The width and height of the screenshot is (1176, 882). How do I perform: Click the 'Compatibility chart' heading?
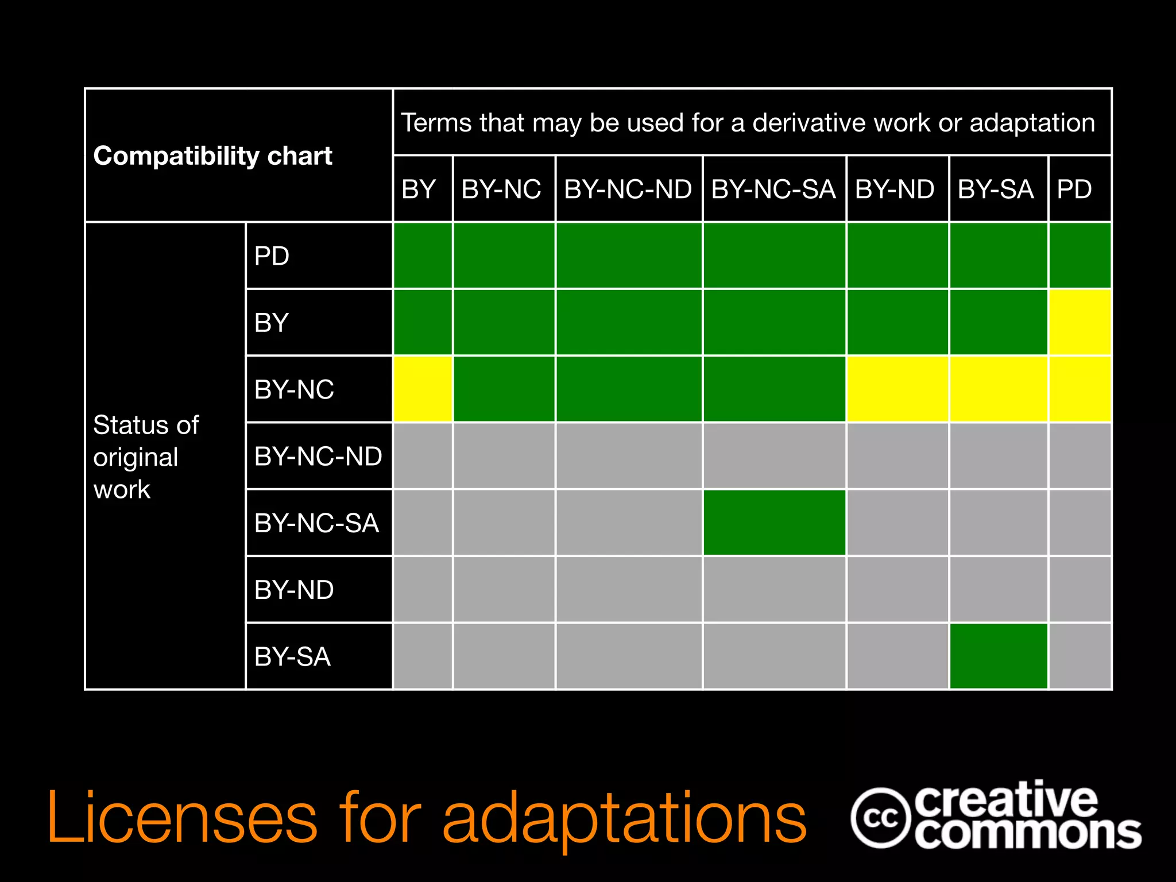tap(212, 156)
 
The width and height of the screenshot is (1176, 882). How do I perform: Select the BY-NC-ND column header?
tap(628, 189)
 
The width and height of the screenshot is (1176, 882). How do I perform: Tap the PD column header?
tap(1074, 189)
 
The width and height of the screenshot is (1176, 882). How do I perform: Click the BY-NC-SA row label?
tap(316, 523)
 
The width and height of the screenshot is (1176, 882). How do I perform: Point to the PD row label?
tap(272, 256)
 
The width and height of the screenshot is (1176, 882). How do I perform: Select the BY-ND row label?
tap(294, 590)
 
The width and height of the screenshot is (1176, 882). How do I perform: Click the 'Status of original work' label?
tap(146, 457)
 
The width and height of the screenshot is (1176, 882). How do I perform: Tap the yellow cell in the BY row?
tap(1080, 322)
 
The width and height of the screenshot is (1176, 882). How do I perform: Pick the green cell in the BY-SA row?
tap(999, 656)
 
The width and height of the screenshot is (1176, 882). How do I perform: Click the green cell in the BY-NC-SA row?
tap(774, 523)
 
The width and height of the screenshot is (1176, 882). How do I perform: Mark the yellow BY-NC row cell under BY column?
tap(423, 389)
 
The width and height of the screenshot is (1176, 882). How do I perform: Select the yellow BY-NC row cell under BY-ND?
tap(897, 389)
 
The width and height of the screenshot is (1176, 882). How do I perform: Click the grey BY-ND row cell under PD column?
tap(1080, 590)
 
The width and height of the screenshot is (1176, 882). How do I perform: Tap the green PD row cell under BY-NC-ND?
tap(629, 256)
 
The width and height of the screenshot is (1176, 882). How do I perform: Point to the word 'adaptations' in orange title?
tap(624, 818)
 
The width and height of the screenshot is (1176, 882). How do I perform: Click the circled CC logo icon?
tap(880, 818)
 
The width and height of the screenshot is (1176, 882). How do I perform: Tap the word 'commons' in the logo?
tap(1027, 833)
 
